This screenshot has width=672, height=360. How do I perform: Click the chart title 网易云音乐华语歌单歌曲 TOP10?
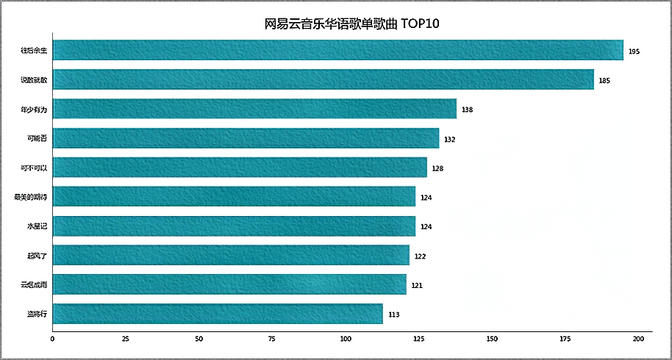pos(351,24)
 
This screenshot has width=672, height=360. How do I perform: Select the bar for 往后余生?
pos(338,51)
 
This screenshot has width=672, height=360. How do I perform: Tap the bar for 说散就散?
pos(324,79)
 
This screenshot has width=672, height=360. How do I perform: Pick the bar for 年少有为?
pos(254,109)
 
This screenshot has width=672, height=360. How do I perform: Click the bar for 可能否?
pos(246,138)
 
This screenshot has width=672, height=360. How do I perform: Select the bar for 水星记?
pos(234,226)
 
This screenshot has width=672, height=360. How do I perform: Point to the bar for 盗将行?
pos(218,314)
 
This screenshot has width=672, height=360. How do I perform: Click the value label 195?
pos(635,51)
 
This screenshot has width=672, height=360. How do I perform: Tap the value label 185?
pos(604,80)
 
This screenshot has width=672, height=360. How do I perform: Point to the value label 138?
pos(467,109)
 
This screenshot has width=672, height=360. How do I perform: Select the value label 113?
pos(393,314)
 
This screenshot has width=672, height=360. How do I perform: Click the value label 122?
pos(420,256)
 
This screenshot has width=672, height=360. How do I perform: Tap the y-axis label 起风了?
pos(37,256)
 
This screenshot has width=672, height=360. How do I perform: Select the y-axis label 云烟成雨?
pos(35,284)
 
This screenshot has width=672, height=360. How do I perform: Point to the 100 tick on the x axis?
pos(346,339)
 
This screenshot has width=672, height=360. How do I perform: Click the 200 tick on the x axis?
pos(638,339)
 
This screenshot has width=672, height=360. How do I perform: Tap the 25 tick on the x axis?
pos(126,339)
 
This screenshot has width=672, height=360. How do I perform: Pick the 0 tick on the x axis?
pos(52,339)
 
